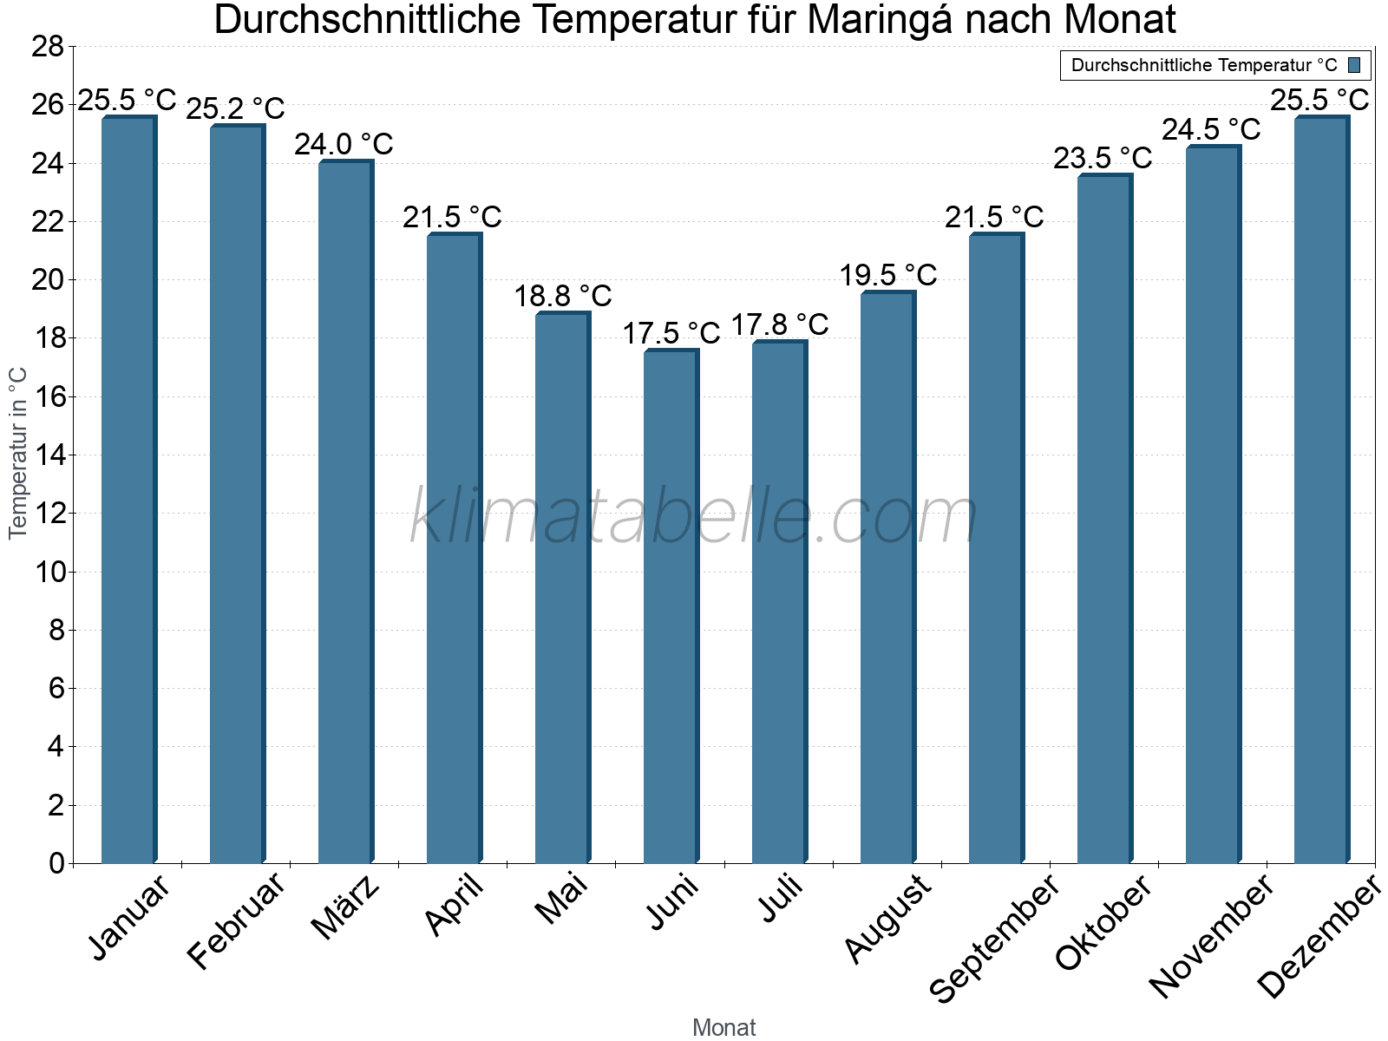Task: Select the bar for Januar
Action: [x=128, y=490]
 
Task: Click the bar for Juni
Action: [x=671, y=607]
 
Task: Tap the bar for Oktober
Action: [x=1104, y=520]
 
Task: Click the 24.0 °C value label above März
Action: [x=344, y=144]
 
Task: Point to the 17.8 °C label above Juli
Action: [x=780, y=324]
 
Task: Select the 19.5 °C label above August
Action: [x=888, y=275]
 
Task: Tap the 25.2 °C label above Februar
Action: [x=235, y=109]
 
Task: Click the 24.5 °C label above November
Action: [x=1211, y=129]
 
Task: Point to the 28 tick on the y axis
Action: [x=48, y=47]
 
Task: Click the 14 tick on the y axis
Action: [x=48, y=455]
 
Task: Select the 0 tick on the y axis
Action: [x=56, y=863]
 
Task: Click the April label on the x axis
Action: [x=455, y=906]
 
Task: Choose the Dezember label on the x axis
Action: [x=1319, y=937]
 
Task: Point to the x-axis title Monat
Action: [x=723, y=1028]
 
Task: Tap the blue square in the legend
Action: [x=1354, y=65]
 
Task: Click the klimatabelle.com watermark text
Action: [x=694, y=517]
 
